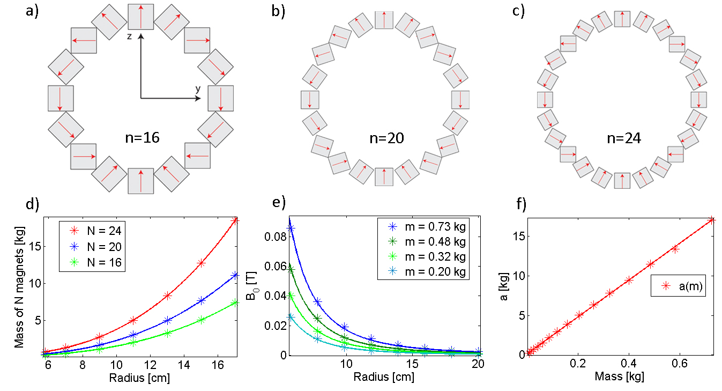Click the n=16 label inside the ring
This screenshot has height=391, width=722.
coord(140,138)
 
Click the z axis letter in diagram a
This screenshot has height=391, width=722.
coord(130,36)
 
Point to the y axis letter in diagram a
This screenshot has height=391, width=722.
coord(197,88)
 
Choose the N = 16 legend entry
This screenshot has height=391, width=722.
coord(93,263)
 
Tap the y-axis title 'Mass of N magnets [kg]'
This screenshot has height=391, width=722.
coord(19,287)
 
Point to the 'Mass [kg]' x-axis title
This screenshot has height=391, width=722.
coord(619,377)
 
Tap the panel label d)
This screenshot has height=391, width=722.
coord(32,205)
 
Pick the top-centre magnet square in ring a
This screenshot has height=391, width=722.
coord(141,16)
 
